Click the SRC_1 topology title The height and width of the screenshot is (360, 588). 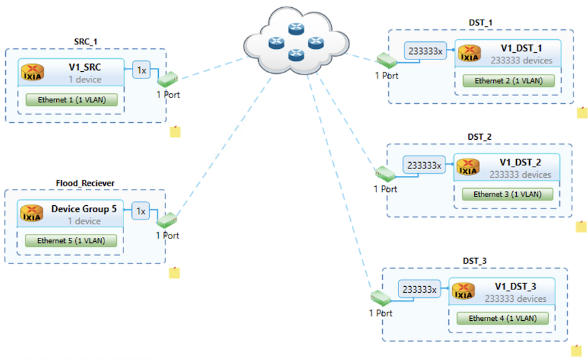click(86, 41)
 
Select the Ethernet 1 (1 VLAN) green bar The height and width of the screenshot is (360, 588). click(72, 100)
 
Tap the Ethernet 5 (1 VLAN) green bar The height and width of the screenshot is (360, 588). click(71, 240)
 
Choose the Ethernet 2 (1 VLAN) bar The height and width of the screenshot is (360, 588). click(508, 80)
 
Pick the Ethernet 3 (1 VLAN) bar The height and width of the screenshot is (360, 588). click(508, 194)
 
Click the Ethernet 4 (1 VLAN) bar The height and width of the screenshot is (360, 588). click(502, 318)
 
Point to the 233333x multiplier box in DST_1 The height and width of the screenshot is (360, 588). click(425, 51)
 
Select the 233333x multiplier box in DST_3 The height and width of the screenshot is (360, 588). click(419, 289)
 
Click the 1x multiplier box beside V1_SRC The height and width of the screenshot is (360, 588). click(141, 70)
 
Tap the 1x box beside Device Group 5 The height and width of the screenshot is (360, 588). click(140, 211)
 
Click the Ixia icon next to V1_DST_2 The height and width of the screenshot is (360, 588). click(468, 167)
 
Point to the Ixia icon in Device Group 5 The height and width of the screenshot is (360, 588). click(32, 213)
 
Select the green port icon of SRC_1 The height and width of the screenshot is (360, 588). click(168, 79)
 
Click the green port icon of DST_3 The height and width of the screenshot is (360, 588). click(381, 298)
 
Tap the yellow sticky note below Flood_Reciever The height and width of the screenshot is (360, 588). click(174, 272)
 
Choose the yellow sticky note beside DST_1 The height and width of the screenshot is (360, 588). click(582, 112)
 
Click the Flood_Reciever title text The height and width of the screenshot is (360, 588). click(85, 183)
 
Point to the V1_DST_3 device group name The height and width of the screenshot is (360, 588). click(515, 287)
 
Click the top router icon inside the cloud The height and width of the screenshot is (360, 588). click(296, 29)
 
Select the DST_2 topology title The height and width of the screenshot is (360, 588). click(480, 137)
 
